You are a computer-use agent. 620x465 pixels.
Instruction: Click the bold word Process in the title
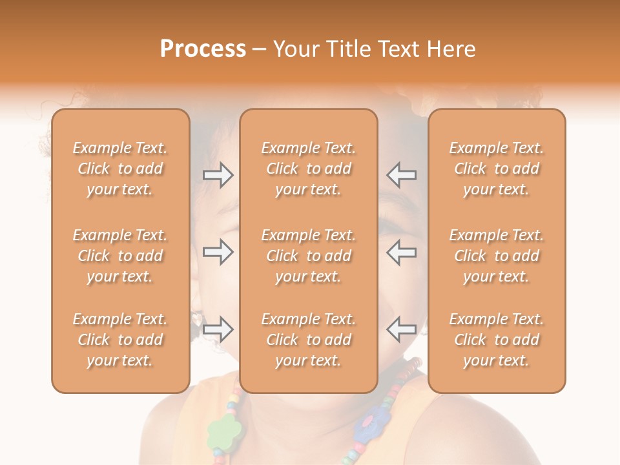pyautogui.click(x=203, y=49)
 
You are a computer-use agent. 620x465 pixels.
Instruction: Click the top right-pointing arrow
pyautogui.click(x=218, y=175)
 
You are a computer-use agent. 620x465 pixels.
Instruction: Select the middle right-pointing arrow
pyautogui.click(x=218, y=252)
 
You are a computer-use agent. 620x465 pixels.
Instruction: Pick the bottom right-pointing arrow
pyautogui.click(x=218, y=329)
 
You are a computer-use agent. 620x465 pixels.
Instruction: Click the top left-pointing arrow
pyautogui.click(x=402, y=175)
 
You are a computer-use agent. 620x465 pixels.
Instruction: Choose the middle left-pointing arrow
pyautogui.click(x=402, y=252)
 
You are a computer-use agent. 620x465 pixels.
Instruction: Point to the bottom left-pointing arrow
pyautogui.click(x=402, y=329)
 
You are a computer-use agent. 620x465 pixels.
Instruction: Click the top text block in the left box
pyautogui.click(x=120, y=169)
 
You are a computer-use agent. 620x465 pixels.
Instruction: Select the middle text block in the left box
pyautogui.click(x=120, y=256)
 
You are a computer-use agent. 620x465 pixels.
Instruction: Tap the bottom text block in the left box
pyautogui.click(x=120, y=340)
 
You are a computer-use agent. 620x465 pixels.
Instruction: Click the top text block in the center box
pyautogui.click(x=309, y=169)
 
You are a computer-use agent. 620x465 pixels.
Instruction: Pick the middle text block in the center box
pyautogui.click(x=309, y=256)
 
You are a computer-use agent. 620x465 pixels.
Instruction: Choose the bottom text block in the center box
pyautogui.click(x=309, y=340)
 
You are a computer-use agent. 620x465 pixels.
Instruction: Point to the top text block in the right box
pyautogui.click(x=497, y=169)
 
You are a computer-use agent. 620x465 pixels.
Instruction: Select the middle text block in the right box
pyautogui.click(x=497, y=256)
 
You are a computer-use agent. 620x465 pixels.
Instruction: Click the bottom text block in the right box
pyautogui.click(x=497, y=340)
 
